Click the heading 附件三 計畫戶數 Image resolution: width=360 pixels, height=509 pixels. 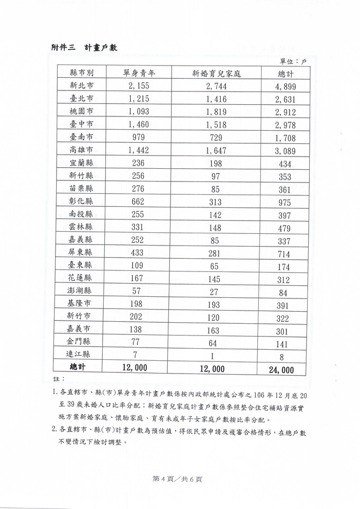point(81,48)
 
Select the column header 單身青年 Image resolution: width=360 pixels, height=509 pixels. point(138,73)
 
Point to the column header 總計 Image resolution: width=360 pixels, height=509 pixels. point(286,73)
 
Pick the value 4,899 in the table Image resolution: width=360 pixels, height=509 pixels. point(286,87)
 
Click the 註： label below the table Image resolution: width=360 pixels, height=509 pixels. point(59,380)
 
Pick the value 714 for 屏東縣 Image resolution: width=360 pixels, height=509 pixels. point(286,253)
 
